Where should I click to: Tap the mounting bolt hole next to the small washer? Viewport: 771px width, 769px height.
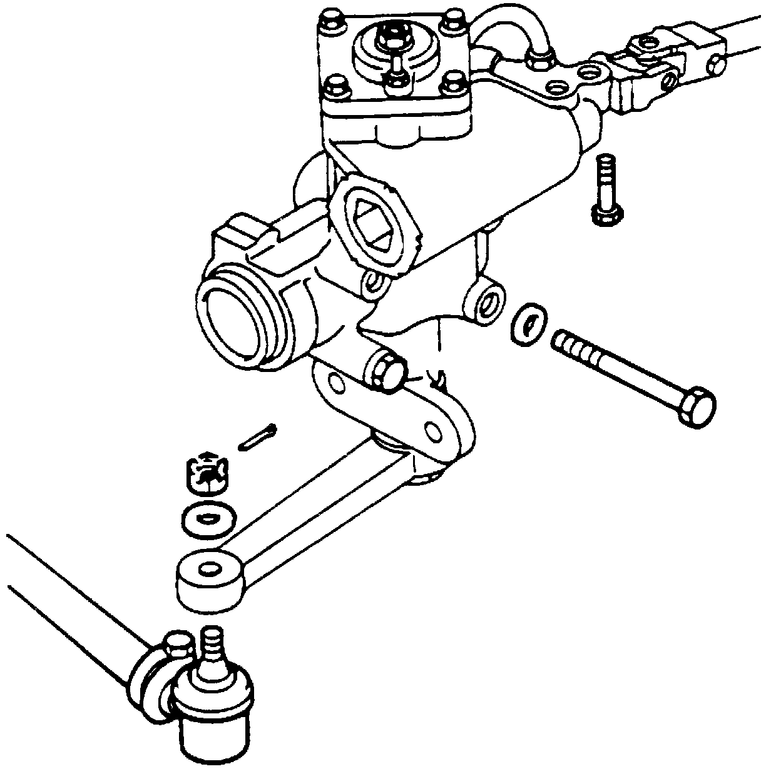(489, 303)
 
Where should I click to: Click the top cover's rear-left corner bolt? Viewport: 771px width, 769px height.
(331, 24)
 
